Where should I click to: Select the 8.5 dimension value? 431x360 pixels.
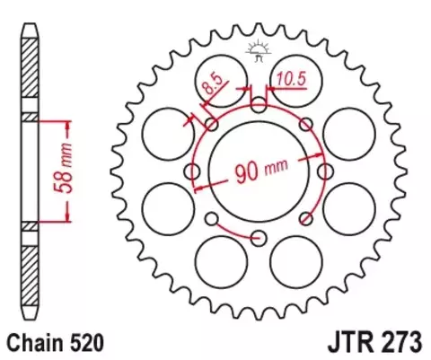click(212, 90)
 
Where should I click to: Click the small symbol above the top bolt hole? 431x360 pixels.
click(259, 51)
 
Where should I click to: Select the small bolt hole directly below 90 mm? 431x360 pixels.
click(259, 237)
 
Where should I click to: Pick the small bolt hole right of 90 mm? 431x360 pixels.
click(324, 171)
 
